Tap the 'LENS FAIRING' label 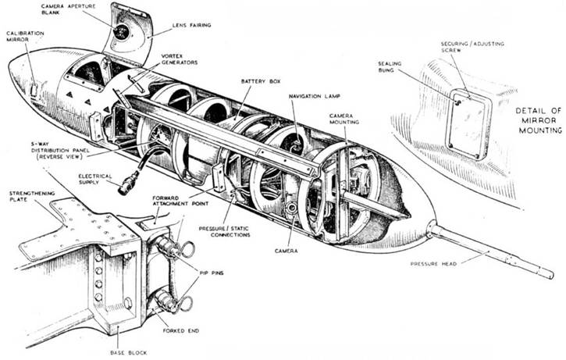(192, 24)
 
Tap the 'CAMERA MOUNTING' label (344, 118)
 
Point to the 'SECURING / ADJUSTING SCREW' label (465, 48)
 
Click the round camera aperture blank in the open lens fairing (122, 30)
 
